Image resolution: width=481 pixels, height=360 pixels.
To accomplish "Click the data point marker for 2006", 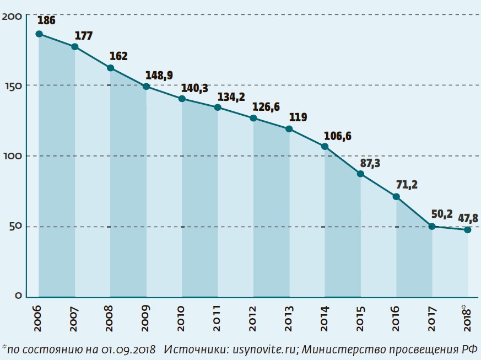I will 39,34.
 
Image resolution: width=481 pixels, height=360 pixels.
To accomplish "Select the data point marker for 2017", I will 433,227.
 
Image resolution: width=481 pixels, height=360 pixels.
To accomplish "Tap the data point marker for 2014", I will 325,147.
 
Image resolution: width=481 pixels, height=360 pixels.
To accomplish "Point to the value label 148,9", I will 155,75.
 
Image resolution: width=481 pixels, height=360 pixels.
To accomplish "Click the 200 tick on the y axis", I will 12,17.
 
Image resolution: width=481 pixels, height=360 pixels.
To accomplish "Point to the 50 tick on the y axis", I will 14,227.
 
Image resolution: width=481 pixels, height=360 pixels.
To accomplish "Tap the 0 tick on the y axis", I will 18,297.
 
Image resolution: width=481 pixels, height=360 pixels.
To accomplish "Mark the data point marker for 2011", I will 218,108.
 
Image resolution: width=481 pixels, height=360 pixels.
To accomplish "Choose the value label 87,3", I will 370,163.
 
